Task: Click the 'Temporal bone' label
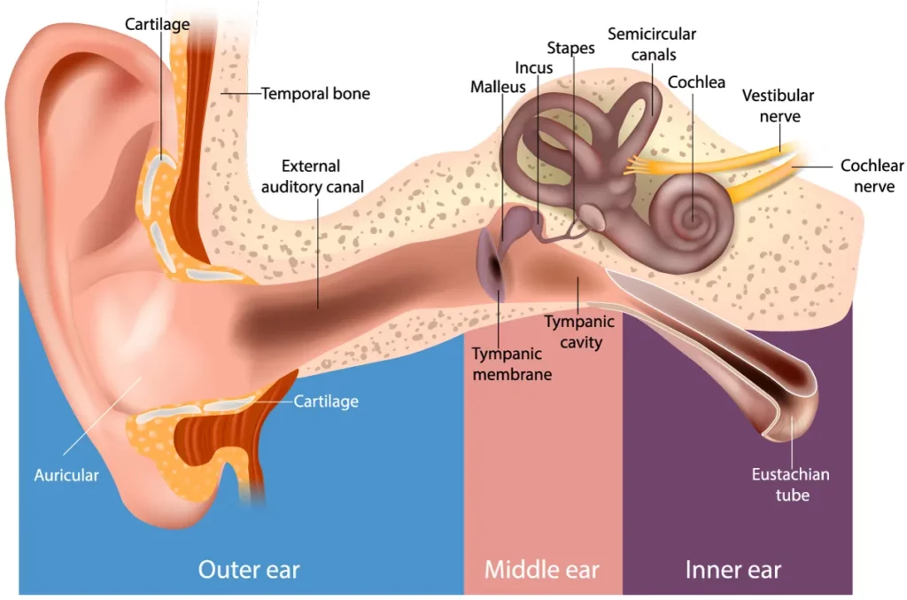click(x=315, y=93)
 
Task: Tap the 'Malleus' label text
click(x=498, y=87)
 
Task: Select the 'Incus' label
click(x=534, y=67)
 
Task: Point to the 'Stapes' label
click(x=570, y=48)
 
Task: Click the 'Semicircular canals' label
click(x=652, y=44)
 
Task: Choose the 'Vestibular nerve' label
click(x=778, y=105)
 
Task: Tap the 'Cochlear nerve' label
click(x=872, y=176)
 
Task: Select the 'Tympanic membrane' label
click(x=511, y=363)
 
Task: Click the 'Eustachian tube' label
click(x=791, y=485)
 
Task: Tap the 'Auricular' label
click(x=66, y=475)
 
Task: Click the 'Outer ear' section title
click(x=249, y=568)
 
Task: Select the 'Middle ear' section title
click(x=541, y=568)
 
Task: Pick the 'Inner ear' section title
click(x=733, y=568)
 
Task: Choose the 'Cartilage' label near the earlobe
click(x=326, y=401)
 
